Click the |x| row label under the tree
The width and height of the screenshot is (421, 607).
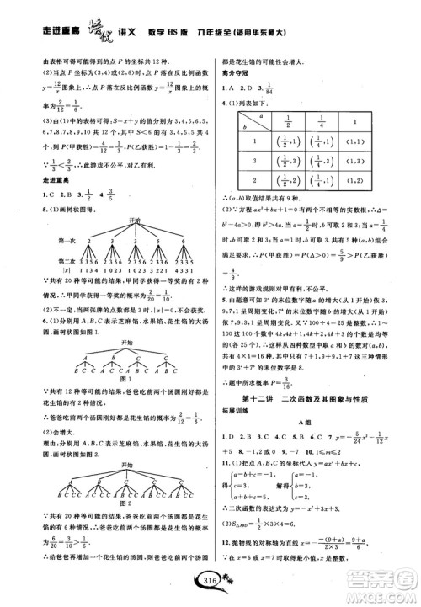click(x=49, y=270)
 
